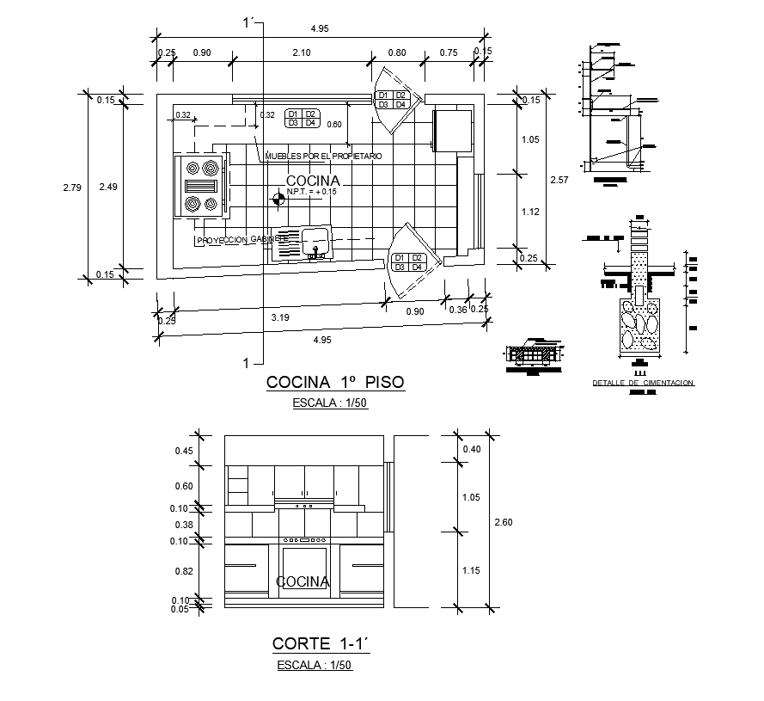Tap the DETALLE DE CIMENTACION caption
click(643, 383)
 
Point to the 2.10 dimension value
click(302, 53)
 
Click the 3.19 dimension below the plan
click(280, 318)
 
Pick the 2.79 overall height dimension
click(72, 187)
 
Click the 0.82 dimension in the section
click(183, 570)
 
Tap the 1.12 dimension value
click(529, 211)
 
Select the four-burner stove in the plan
click(201, 186)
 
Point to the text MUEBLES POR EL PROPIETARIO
click(323, 157)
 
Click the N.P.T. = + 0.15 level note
click(314, 193)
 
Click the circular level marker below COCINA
click(278, 200)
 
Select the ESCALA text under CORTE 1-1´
click(315, 665)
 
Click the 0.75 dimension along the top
click(448, 53)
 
